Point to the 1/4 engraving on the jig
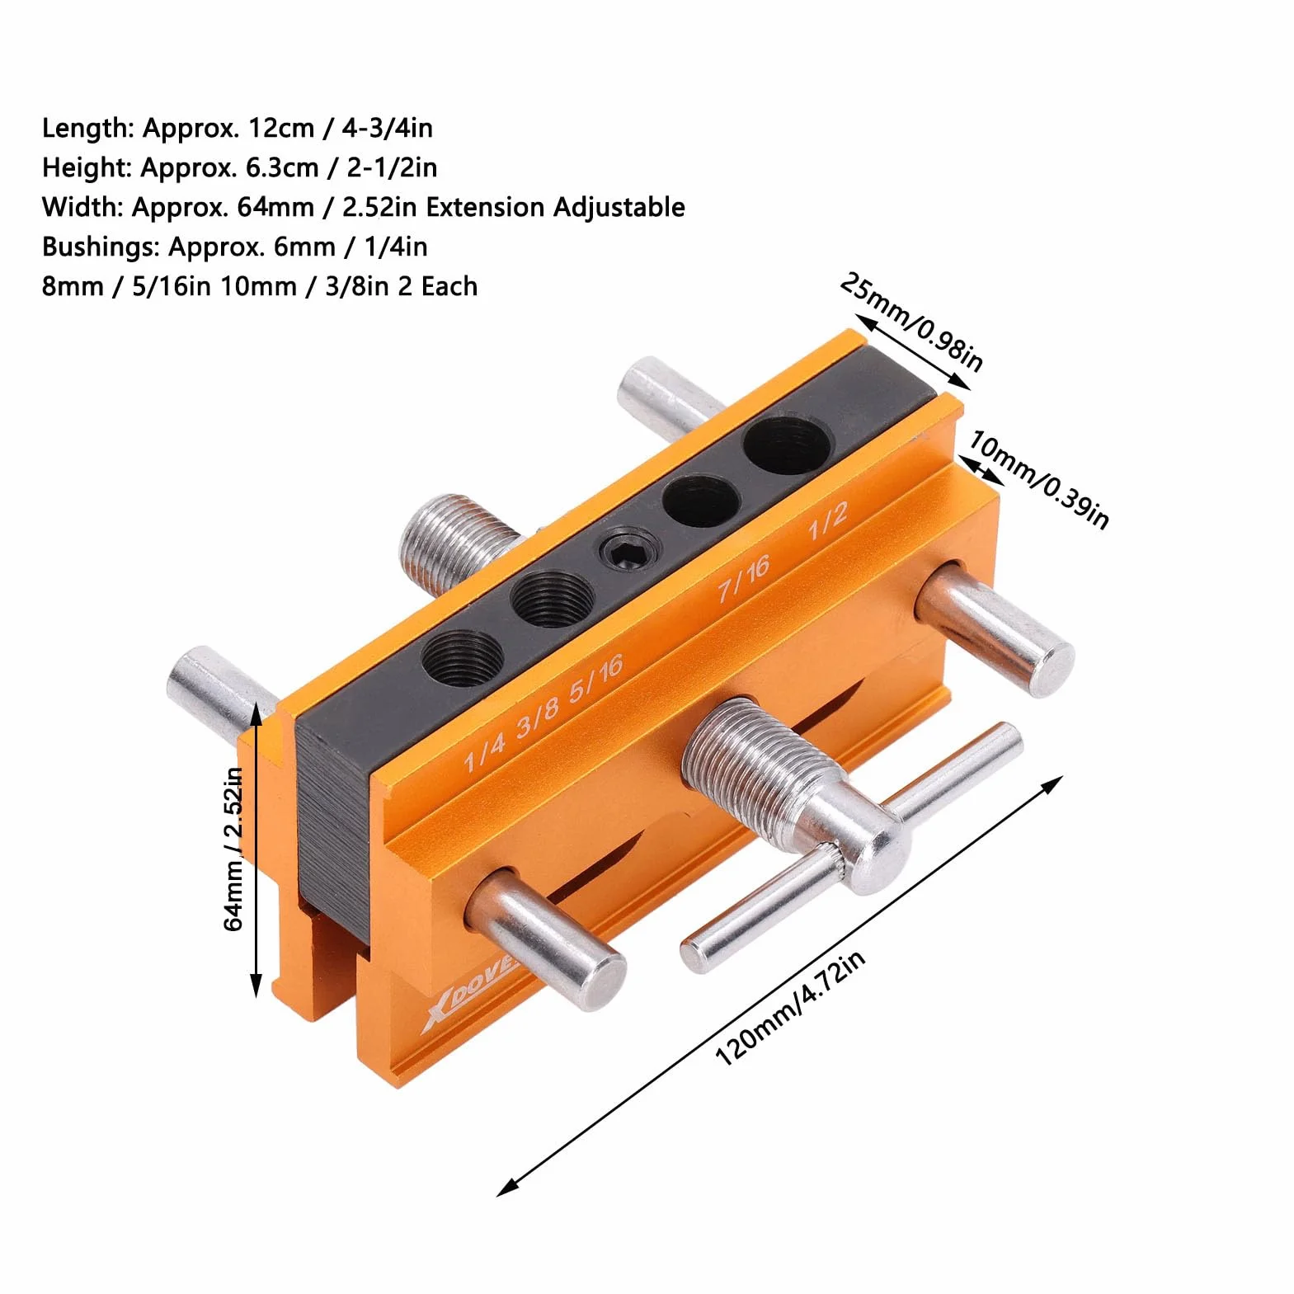click(484, 749)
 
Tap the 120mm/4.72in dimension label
click(790, 1007)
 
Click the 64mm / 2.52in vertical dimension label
click(234, 849)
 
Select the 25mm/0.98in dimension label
click(911, 322)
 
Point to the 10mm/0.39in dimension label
click(1038, 478)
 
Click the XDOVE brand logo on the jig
click(466, 993)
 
